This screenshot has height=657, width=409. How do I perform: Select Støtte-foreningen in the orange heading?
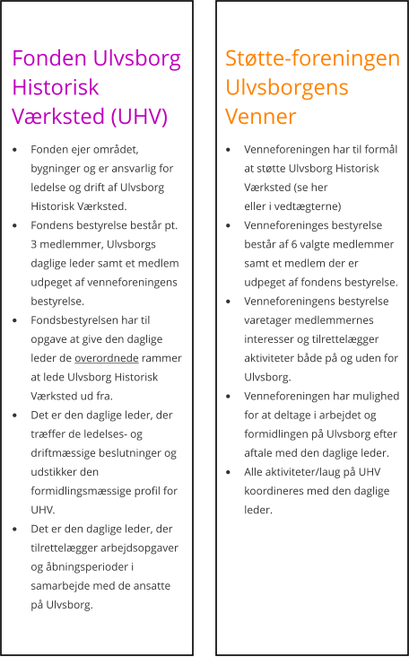(312, 59)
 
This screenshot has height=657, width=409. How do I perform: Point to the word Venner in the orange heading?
(260, 118)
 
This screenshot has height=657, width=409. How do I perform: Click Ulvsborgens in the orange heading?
(286, 89)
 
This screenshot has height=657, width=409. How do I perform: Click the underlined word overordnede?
(106, 358)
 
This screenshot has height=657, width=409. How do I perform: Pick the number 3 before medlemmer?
(34, 244)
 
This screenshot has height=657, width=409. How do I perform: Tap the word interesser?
(273, 339)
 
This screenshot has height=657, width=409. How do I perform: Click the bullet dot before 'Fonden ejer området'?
(15, 149)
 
